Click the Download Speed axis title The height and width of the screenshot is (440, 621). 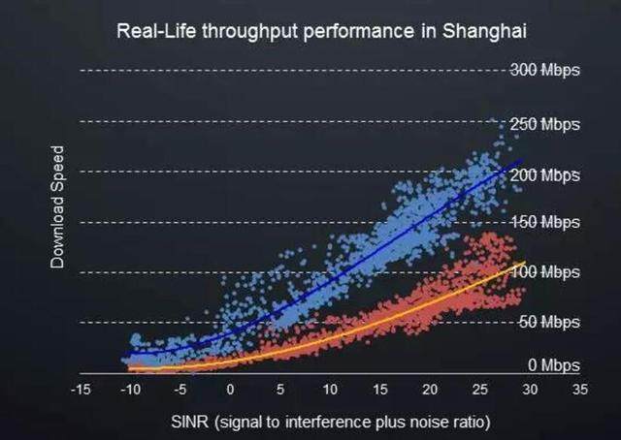[x=58, y=207]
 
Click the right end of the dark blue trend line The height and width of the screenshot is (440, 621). [x=522, y=162]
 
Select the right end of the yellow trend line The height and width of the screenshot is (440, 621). [x=525, y=262]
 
